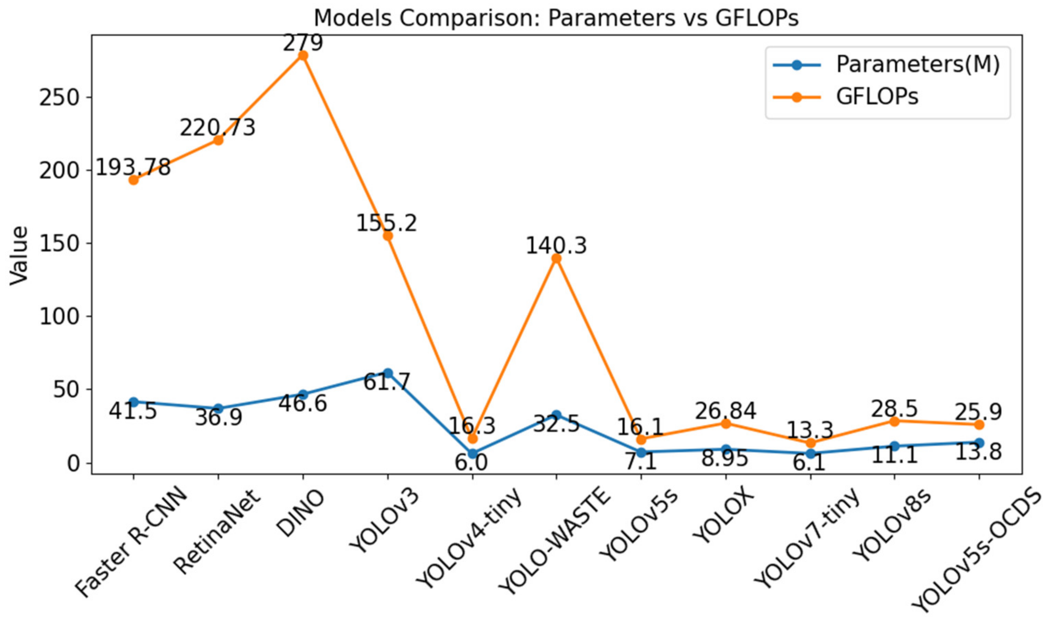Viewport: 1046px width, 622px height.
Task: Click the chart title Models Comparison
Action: tap(556, 18)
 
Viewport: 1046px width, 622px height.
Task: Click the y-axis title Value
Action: tap(19, 255)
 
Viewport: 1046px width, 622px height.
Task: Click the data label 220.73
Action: tap(218, 127)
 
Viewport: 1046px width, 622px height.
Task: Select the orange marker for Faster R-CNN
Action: tap(133, 180)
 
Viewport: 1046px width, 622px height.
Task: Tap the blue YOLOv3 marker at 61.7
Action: tap(388, 372)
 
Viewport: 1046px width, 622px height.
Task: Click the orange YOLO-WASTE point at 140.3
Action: tap(556, 258)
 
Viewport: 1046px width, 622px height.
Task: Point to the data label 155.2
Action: tap(386, 223)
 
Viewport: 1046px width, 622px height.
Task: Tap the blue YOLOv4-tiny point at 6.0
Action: tap(473, 453)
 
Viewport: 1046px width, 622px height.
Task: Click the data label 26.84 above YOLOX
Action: tap(725, 411)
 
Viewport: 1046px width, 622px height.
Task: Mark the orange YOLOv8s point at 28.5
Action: tap(894, 421)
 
